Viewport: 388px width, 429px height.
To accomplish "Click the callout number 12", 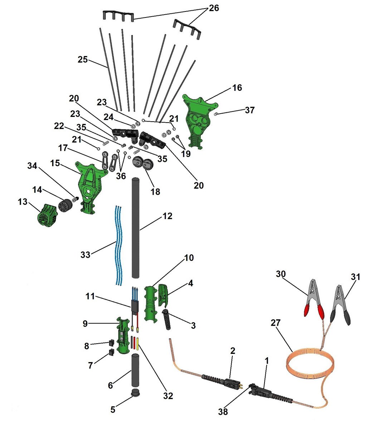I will click(167, 216).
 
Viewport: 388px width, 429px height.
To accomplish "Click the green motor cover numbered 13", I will click(47, 215).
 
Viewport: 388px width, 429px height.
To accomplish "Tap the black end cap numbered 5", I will click(135, 393).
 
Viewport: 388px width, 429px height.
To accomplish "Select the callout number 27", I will click(276, 323).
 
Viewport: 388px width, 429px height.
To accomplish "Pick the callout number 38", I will click(223, 412).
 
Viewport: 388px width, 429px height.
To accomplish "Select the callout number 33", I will click(85, 255).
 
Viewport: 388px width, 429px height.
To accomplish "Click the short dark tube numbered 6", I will click(135, 369).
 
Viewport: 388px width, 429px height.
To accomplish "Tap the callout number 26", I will click(214, 8).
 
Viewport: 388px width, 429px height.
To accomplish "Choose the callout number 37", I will click(249, 110).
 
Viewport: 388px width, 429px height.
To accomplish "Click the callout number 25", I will click(83, 59).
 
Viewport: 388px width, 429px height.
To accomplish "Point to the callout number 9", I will click(85, 324).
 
